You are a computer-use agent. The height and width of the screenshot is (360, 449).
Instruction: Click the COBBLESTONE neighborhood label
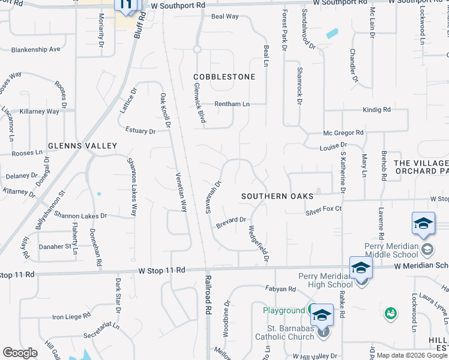tap(224, 77)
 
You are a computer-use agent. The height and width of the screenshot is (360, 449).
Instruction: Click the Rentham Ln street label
tap(232, 104)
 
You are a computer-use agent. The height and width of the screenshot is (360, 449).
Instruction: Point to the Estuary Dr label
tap(140, 130)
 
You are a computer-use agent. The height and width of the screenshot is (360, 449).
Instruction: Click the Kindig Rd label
tap(376, 110)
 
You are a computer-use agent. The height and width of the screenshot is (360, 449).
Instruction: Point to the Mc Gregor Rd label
tap(343, 133)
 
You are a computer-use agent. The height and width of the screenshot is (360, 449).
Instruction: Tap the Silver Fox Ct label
tap(323, 209)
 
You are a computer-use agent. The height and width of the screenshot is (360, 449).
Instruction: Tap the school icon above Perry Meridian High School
tap(361, 268)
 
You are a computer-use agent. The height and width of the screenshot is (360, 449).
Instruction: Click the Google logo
tap(20, 353)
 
